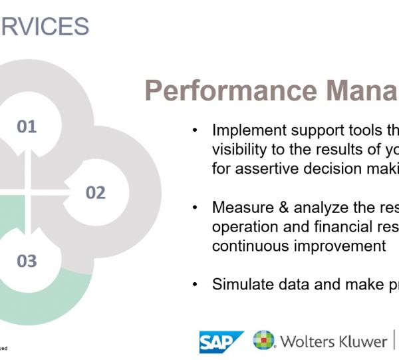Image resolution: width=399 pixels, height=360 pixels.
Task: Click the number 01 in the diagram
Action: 27,126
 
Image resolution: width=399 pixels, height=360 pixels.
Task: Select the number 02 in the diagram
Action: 95,193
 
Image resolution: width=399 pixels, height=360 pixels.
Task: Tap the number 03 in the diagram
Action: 27,260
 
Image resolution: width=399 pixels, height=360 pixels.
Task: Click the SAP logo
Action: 221,341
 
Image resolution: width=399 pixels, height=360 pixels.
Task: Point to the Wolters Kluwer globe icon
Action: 263,341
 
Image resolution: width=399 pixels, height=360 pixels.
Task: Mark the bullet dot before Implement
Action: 195,130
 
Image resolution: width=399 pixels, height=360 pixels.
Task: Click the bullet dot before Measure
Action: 195,208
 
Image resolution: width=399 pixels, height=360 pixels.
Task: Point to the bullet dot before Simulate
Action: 195,284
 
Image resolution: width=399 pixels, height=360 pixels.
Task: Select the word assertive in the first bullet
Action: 261,169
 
